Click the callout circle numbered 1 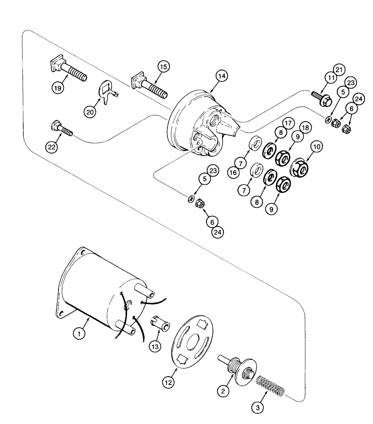(x=79, y=334)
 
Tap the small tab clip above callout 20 (x=106, y=89)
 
